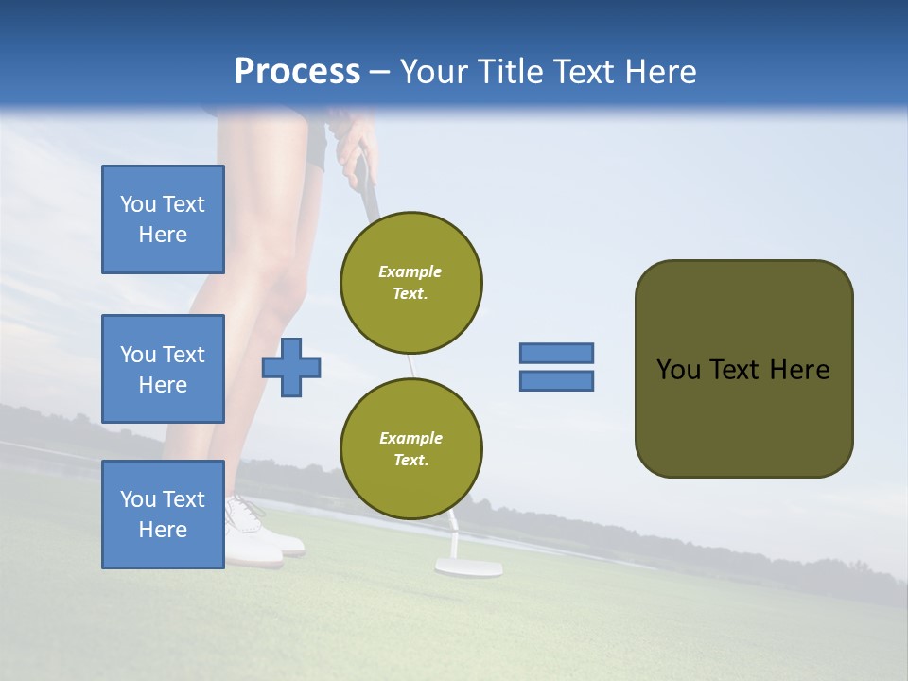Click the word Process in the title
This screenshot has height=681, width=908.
tap(297, 72)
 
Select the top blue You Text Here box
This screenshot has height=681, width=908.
tap(163, 219)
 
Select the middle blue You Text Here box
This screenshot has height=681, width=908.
tap(163, 369)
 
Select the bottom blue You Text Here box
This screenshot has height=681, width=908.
tap(163, 515)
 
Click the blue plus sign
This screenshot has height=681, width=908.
tap(291, 366)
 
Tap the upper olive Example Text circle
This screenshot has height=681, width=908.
tap(411, 283)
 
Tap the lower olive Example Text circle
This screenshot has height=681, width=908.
tap(411, 449)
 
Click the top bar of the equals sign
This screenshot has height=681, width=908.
tap(556, 353)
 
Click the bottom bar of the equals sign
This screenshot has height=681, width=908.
tap(556, 381)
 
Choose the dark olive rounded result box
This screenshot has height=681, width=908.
tap(743, 369)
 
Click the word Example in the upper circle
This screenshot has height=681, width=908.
tap(410, 271)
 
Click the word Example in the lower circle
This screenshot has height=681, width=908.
tap(410, 438)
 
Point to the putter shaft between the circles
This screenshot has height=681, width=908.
tap(412, 366)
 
